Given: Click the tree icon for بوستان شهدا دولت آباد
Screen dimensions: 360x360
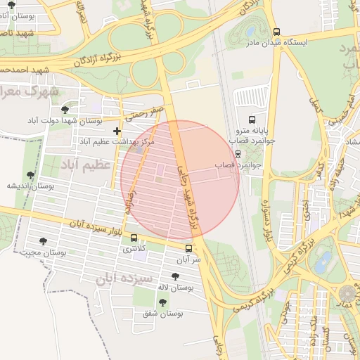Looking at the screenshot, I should [65, 110].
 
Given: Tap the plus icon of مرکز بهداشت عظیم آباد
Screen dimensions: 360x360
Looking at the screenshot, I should [117, 131].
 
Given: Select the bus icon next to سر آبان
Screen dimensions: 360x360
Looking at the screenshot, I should [188, 248].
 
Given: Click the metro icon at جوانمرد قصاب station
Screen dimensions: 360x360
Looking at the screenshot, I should [238, 154].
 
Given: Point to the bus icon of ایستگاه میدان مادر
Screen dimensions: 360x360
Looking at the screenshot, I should [276, 32].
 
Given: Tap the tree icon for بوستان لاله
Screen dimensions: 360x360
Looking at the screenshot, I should [175, 276].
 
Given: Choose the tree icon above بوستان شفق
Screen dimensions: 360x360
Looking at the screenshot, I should [162, 302].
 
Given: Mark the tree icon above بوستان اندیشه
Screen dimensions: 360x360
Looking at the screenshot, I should [30, 175].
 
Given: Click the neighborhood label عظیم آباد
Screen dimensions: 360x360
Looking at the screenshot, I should [77, 164].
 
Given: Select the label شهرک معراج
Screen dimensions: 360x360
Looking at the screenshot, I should [27, 91].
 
